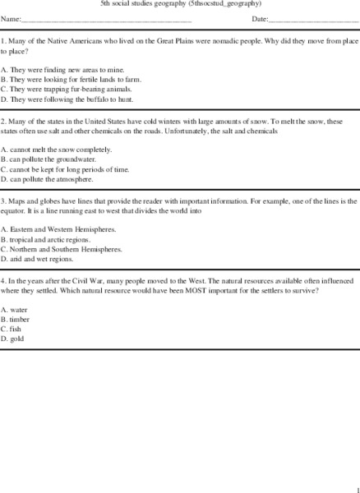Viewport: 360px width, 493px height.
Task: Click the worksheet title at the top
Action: [180, 4]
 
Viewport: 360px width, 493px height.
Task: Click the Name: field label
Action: [12, 19]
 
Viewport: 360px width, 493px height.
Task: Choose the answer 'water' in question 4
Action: [14, 308]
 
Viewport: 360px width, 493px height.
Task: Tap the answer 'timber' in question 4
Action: [16, 318]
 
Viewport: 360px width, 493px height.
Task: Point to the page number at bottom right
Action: [357, 486]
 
